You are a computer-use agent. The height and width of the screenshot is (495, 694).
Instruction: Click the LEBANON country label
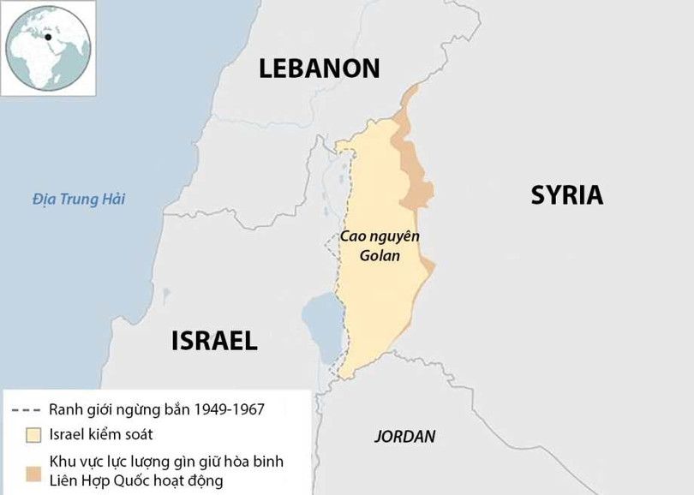[320, 68]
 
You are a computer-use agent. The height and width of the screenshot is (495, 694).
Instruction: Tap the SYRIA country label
[566, 195]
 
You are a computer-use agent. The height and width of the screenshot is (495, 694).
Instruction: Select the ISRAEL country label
[214, 340]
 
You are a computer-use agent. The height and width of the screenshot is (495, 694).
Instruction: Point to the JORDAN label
[404, 436]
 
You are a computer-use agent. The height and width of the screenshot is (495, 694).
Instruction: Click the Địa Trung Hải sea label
[79, 200]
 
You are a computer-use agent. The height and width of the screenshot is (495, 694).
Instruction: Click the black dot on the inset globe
[48, 37]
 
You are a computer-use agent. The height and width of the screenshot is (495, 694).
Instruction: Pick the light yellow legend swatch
[33, 434]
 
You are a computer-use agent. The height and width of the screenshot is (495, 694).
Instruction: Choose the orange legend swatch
[33, 472]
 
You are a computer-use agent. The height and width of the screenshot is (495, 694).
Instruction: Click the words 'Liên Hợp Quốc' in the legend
[95, 480]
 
